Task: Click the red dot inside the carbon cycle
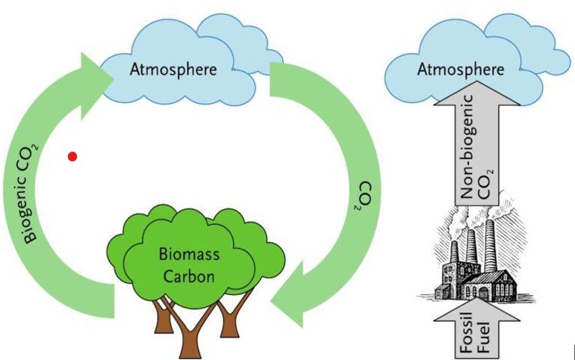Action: point(72,156)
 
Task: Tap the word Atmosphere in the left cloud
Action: point(173,69)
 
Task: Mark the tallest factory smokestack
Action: point(489,246)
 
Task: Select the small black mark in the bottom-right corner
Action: point(572,351)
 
